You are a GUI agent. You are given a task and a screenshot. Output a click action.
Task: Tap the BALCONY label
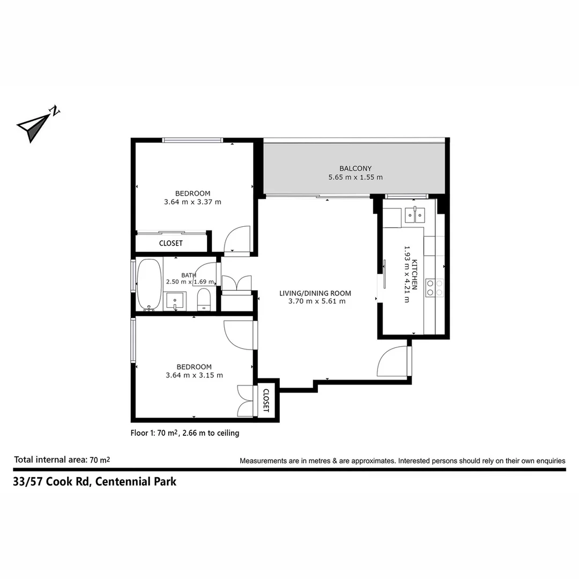[355, 168]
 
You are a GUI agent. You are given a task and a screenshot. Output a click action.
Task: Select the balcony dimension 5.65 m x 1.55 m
[355, 177]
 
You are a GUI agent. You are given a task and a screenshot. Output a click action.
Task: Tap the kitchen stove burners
[434, 287]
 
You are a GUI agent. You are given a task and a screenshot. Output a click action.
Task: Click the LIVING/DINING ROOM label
[315, 293]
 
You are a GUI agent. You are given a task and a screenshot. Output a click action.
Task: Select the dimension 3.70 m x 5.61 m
[315, 301]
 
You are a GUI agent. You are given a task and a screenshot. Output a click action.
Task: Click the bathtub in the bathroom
[149, 284]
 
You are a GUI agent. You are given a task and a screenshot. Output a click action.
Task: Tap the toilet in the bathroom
[204, 299]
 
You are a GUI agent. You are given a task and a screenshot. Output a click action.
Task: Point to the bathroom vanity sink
[175, 301]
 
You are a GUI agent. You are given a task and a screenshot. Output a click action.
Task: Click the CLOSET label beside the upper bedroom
[170, 243]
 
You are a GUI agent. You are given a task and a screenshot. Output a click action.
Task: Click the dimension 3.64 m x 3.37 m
[192, 202]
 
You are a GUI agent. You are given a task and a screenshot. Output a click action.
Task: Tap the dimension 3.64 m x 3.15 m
[194, 375]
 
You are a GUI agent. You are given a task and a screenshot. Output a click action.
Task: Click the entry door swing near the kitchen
[394, 362]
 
